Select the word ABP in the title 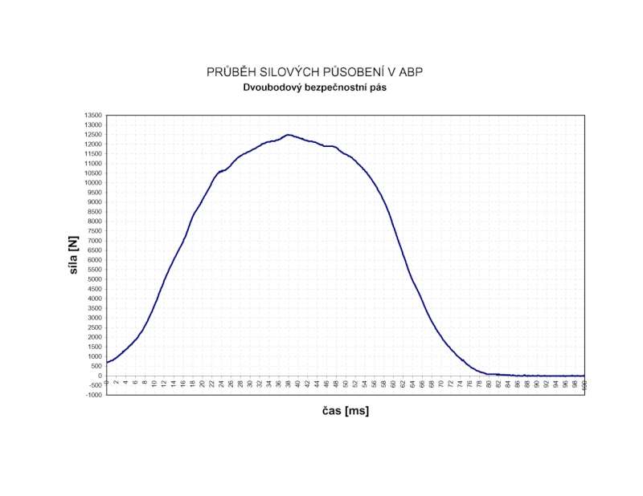pos(410,72)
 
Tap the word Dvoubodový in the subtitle pos(274,87)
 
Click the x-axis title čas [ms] pos(340,411)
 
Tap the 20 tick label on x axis pos(203,384)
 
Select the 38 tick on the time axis pos(289,384)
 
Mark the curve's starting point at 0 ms pos(107,362)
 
